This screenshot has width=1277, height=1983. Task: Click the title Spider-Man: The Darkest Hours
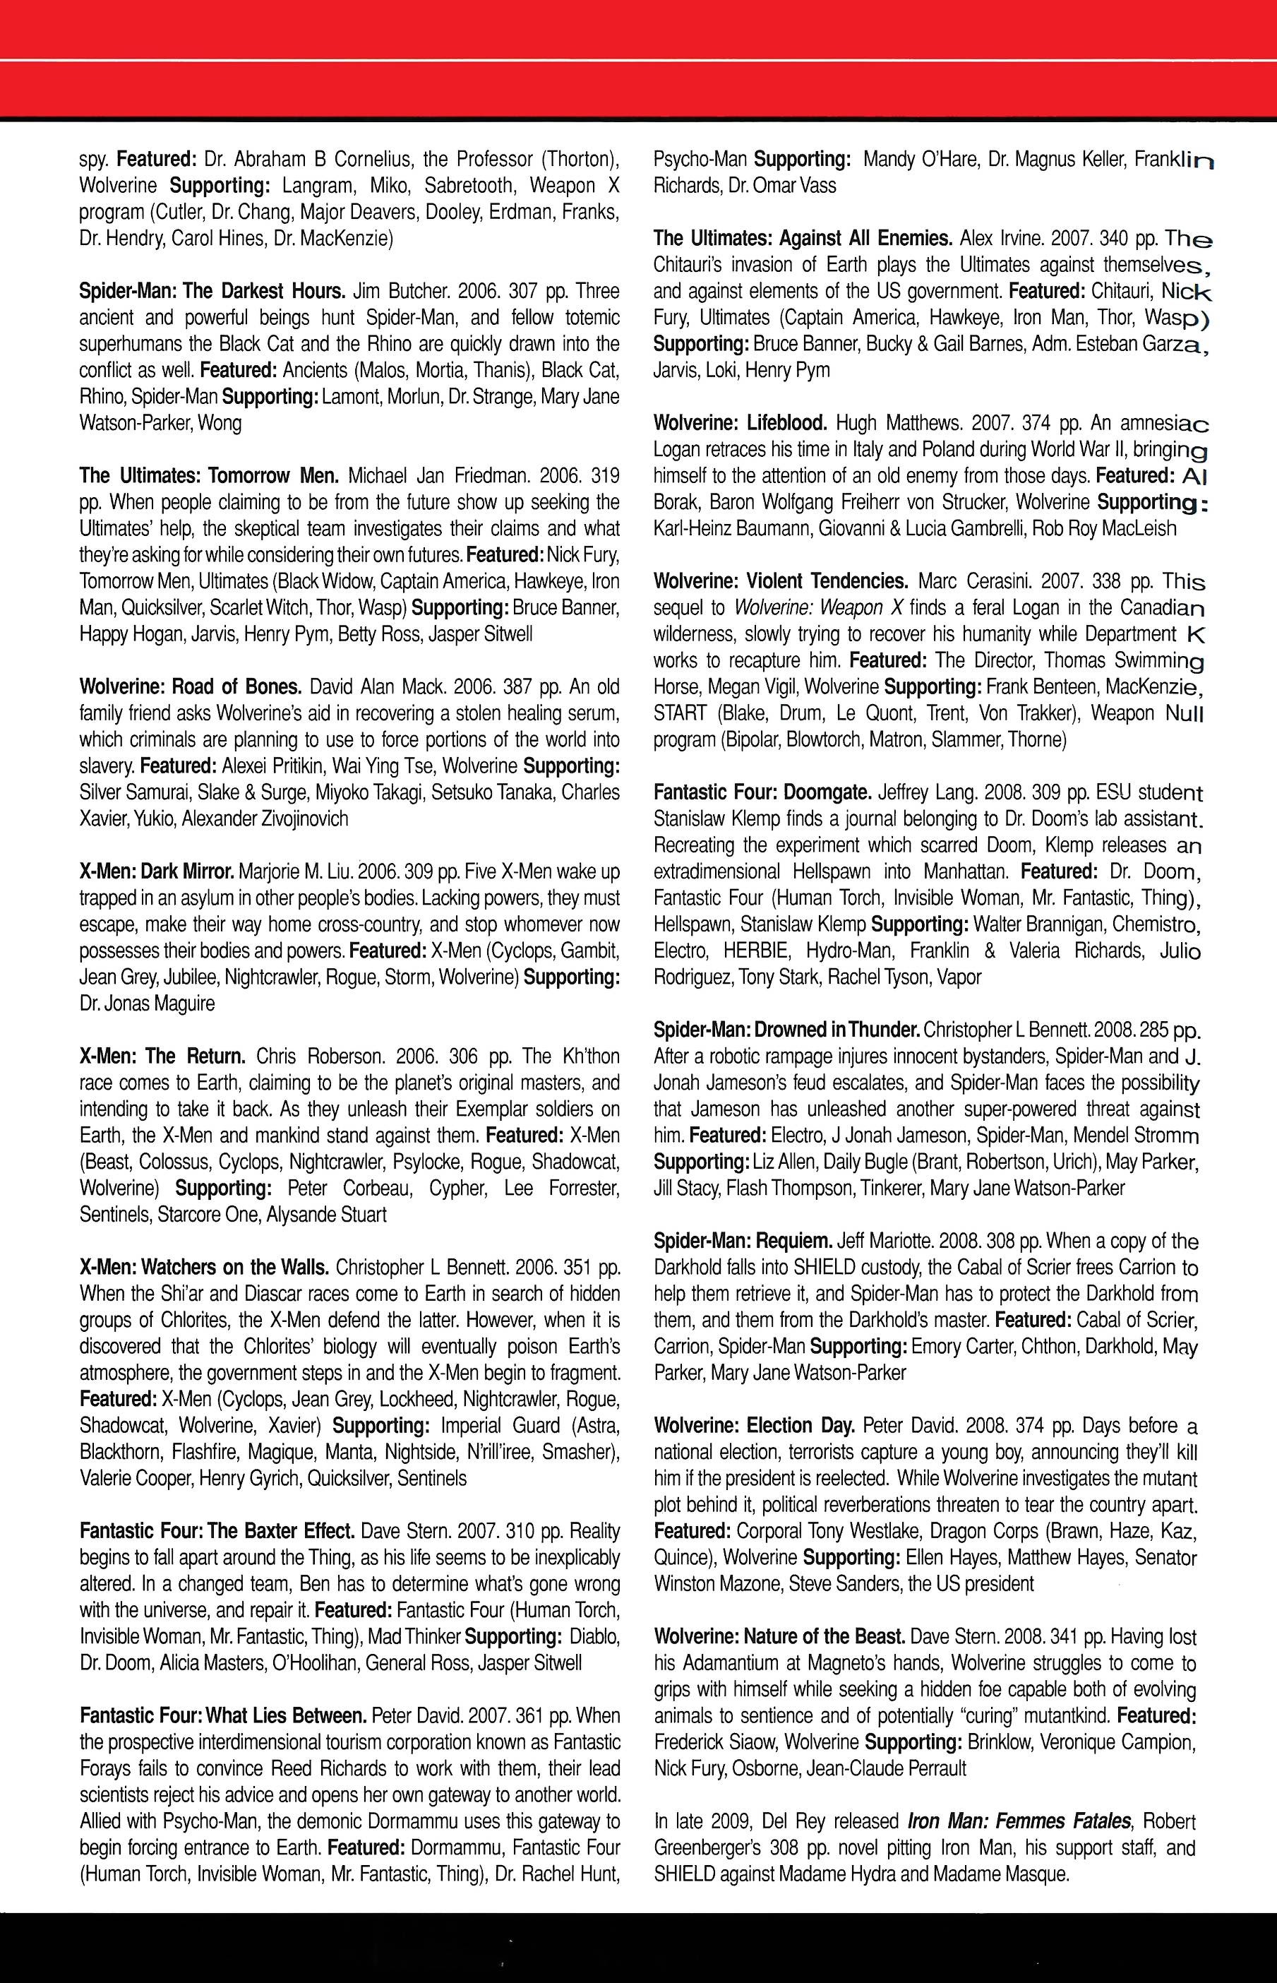click(x=212, y=291)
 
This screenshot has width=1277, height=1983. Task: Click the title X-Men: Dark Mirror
click(x=157, y=872)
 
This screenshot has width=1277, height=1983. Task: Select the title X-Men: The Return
click(x=162, y=1056)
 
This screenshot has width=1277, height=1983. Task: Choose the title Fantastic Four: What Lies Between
click(x=223, y=1716)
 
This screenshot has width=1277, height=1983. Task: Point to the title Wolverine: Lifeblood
click(x=740, y=424)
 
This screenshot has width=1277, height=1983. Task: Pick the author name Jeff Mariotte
click(x=888, y=1241)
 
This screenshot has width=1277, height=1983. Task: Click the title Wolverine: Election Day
click(x=754, y=1426)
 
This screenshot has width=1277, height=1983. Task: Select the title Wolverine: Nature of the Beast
click(x=779, y=1637)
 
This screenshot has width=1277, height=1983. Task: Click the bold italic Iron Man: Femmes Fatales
click(x=1020, y=1821)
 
